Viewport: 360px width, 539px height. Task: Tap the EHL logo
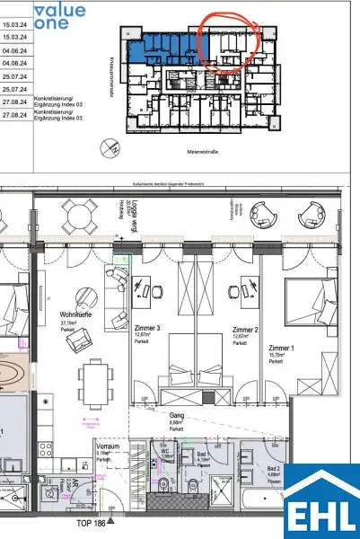(321, 503)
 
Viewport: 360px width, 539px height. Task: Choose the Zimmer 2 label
(245, 329)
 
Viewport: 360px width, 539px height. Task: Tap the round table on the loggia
(80, 216)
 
